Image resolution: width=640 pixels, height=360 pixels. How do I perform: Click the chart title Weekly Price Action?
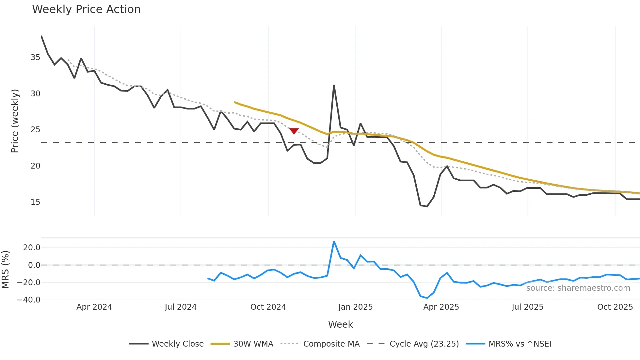(86, 9)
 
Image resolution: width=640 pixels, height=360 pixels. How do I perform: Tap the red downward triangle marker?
(294, 131)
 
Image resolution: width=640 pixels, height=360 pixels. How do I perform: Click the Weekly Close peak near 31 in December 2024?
(334, 86)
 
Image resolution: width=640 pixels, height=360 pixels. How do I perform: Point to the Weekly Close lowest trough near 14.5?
(427, 206)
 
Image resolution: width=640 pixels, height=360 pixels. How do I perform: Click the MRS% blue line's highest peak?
(334, 241)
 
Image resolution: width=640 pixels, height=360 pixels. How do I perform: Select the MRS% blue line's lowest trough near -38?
(427, 298)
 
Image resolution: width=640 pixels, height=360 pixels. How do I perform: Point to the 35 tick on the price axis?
(35, 57)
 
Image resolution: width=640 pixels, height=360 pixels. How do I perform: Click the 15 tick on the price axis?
(35, 202)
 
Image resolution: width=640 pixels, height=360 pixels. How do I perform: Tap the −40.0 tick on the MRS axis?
(29, 300)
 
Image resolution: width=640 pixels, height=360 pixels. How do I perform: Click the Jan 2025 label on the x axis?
(355, 307)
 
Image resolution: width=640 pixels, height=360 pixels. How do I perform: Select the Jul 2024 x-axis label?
(181, 307)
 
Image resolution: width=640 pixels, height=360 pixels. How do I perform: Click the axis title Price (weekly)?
(15, 121)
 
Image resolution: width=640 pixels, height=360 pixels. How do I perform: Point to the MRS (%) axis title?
(5, 270)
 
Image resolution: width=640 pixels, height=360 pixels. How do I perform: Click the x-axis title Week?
(340, 324)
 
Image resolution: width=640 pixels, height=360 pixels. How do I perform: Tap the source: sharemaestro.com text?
(578, 288)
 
